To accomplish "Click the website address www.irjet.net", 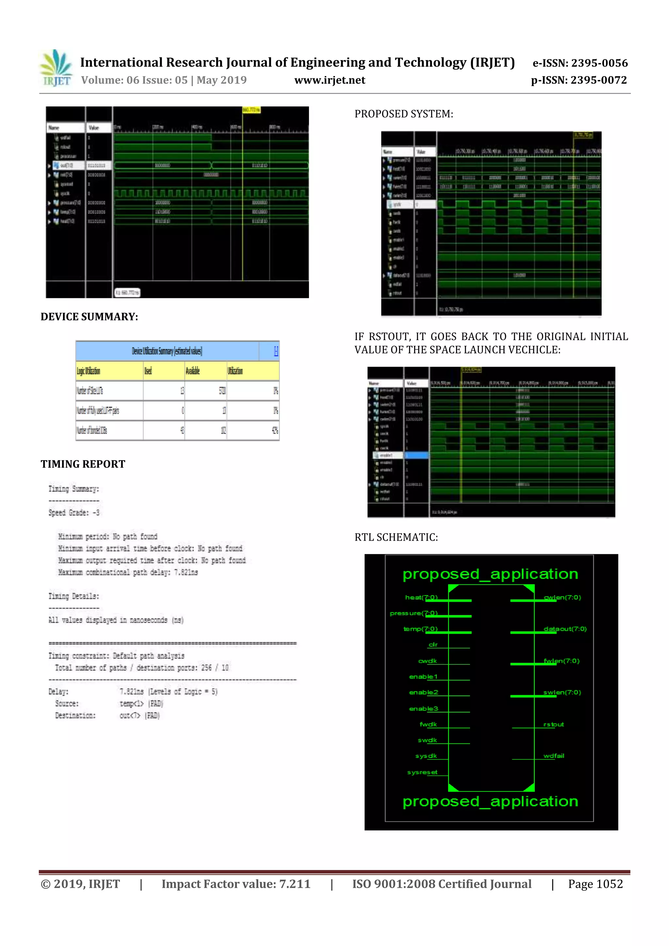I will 330,80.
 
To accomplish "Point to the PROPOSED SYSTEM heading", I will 404,114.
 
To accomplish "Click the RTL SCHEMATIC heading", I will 396,537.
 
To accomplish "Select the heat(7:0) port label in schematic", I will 421,597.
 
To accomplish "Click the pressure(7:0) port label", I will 414,613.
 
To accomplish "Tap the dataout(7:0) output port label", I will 565,629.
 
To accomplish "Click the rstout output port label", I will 553,724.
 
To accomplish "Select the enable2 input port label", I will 423,692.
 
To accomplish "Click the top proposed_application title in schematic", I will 490,574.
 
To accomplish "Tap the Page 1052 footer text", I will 595,884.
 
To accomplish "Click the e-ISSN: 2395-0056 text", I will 580,63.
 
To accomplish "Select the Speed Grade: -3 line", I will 74,513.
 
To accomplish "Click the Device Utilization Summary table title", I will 167,351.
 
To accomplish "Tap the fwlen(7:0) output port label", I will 561,661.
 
